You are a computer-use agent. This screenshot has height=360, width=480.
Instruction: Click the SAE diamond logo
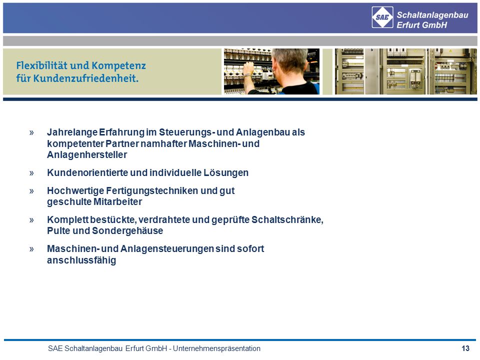382,17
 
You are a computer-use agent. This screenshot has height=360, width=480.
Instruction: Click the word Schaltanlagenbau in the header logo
432,15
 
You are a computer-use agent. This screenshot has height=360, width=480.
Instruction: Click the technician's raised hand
248,69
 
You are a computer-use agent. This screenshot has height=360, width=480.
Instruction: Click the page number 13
465,348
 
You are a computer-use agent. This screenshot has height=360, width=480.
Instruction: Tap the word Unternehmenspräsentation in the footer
216,348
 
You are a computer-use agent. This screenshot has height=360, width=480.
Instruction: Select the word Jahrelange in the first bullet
72,132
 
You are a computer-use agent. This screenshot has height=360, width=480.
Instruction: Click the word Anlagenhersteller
87,154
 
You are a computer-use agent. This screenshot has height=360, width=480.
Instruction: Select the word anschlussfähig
81,260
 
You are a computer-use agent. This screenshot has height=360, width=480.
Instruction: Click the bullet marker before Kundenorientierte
31,173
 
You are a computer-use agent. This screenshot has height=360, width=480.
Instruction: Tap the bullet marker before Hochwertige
31,191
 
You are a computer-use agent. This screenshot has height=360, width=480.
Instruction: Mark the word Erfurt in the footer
134,348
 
